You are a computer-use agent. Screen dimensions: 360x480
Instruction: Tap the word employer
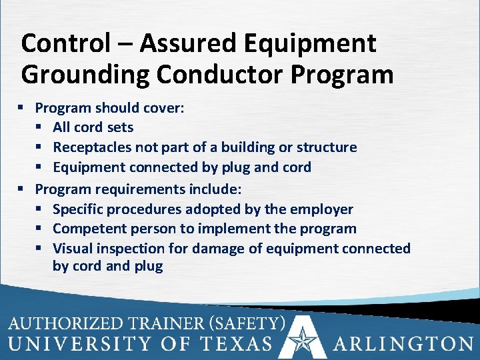point(321,209)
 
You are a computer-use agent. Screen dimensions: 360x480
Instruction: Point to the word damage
point(217,249)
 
